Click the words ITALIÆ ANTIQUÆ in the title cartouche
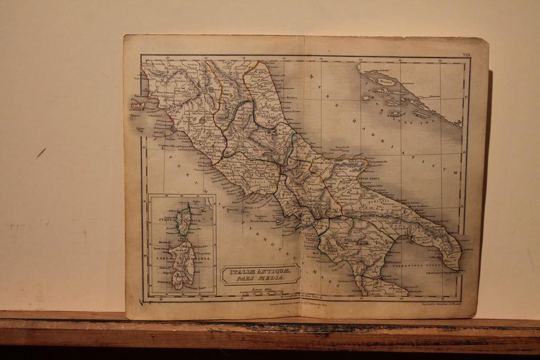click(x=259, y=271)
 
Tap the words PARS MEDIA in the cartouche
click(x=260, y=278)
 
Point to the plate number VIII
click(x=467, y=55)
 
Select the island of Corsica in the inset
click(x=184, y=220)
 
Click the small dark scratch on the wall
click(x=41, y=153)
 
